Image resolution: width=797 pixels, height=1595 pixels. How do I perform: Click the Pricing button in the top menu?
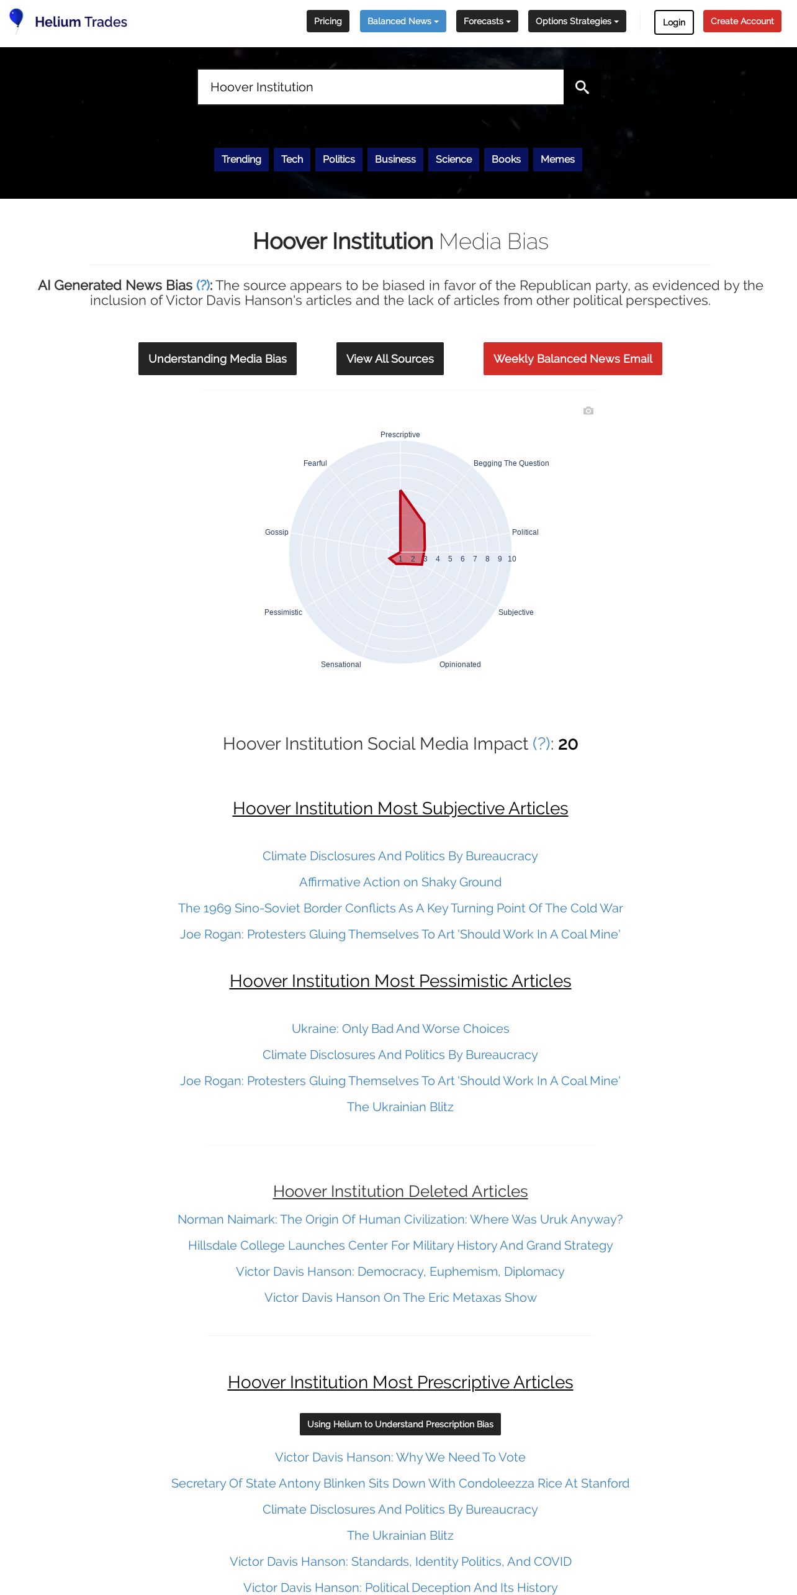click(328, 21)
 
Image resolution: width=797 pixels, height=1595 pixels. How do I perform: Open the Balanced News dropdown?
click(403, 21)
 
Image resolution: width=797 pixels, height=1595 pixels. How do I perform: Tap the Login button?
click(673, 22)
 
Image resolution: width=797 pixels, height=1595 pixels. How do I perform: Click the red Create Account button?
click(742, 21)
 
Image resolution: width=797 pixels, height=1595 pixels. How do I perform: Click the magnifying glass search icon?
click(582, 87)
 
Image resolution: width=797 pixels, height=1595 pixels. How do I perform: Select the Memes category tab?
click(557, 159)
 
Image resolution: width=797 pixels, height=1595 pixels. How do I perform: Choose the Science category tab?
click(454, 159)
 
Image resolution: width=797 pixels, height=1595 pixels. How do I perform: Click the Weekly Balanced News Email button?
click(572, 358)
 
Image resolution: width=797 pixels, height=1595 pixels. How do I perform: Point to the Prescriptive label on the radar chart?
click(400, 435)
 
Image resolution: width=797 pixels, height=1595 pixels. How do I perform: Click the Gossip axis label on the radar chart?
click(276, 532)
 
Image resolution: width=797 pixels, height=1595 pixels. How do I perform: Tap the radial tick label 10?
click(512, 559)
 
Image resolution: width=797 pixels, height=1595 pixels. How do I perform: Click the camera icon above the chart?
click(588, 411)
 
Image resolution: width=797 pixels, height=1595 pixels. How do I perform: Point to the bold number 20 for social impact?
click(568, 744)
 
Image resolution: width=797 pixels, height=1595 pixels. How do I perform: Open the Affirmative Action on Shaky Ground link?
click(400, 882)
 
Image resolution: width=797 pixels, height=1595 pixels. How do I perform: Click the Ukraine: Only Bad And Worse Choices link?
click(400, 1029)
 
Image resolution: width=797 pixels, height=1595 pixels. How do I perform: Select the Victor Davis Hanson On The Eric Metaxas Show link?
click(400, 1297)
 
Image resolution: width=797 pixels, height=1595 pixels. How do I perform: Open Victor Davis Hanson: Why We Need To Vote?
click(400, 1457)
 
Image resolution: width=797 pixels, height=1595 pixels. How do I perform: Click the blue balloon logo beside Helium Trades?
click(17, 19)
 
